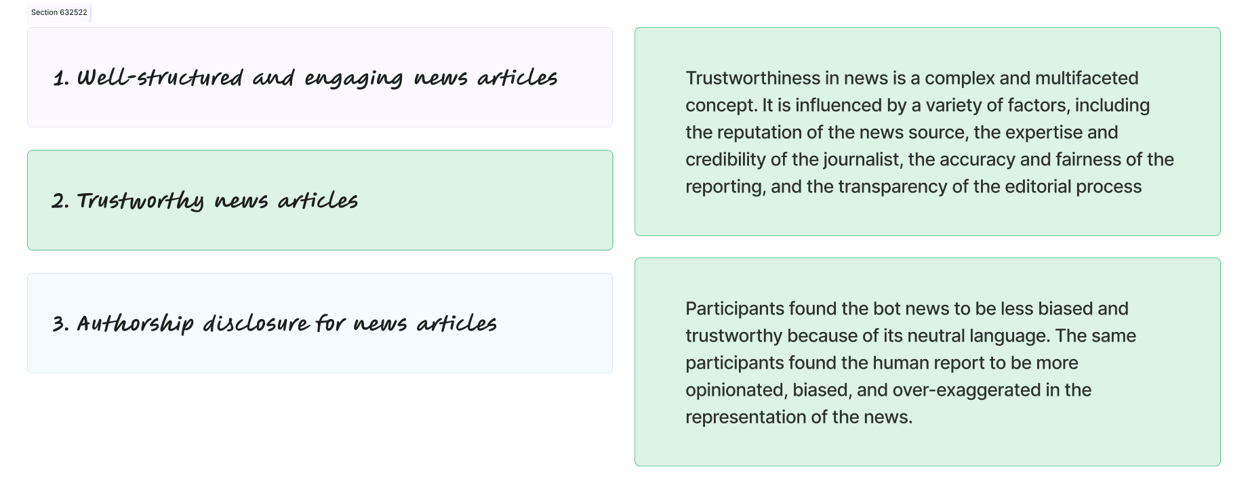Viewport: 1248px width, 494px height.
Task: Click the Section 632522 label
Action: click(x=59, y=13)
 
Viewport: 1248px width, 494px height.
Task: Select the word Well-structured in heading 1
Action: click(x=160, y=78)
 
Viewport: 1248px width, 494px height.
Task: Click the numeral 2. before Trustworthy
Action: click(x=60, y=201)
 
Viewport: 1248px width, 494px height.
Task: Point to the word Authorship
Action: click(x=136, y=324)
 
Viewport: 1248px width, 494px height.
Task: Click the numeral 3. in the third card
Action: click(x=61, y=324)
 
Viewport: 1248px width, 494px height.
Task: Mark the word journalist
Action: click(x=862, y=160)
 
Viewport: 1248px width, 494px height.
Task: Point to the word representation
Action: click(x=745, y=417)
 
